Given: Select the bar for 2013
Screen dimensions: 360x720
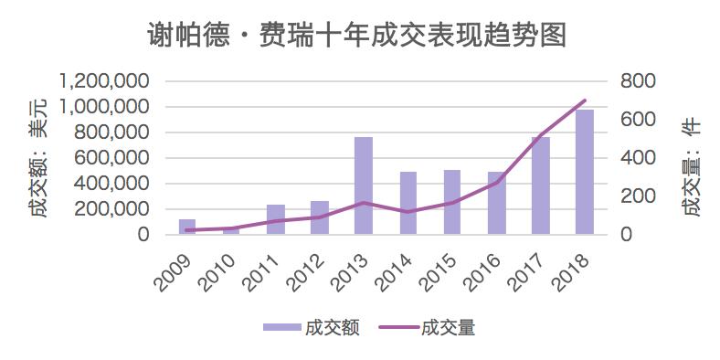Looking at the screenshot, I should [x=364, y=185].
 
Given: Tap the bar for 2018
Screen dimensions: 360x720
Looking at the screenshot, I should [x=584, y=172].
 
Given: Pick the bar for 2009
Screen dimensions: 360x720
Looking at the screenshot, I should [x=187, y=227].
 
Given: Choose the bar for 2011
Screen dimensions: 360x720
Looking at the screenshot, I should [x=275, y=219].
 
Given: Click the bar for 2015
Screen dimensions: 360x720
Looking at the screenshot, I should [x=451, y=202].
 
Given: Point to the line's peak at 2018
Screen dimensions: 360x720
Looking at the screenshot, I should [x=584, y=101].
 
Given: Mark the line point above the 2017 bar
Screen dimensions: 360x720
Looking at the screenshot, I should [x=540, y=136].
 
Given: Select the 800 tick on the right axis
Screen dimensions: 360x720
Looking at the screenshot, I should [x=636, y=81].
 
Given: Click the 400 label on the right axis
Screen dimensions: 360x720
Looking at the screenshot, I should [x=636, y=158].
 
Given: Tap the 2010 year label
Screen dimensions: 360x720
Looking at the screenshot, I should [x=219, y=269].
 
